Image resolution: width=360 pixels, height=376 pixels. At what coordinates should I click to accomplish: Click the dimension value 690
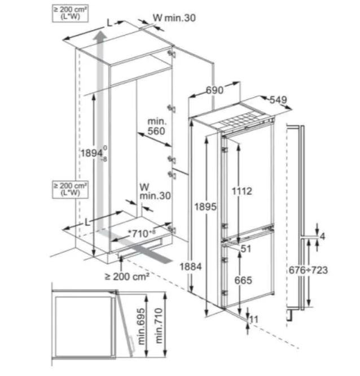[x=214, y=90]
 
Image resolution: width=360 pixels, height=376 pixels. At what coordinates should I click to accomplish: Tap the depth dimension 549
[x=278, y=100]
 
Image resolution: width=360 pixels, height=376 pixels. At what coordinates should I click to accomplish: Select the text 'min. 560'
[x=156, y=126]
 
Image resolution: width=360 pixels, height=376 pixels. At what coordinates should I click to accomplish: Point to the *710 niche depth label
[x=142, y=233]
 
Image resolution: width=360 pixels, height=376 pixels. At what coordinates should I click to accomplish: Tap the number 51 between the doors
[x=245, y=248]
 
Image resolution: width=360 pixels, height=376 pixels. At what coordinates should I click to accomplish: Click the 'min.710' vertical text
[x=159, y=326]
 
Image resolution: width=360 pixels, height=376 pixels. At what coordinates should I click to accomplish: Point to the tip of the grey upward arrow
[x=99, y=33]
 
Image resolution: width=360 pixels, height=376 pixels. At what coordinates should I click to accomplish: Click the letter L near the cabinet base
[x=87, y=222]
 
